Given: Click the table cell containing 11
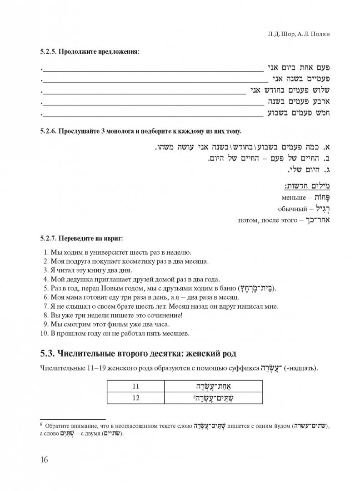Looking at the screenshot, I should click(135, 387).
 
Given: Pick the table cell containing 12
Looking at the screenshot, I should click(135, 398).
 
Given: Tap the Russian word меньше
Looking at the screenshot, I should click(293, 197).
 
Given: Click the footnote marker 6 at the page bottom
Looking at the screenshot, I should click(42, 424).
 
